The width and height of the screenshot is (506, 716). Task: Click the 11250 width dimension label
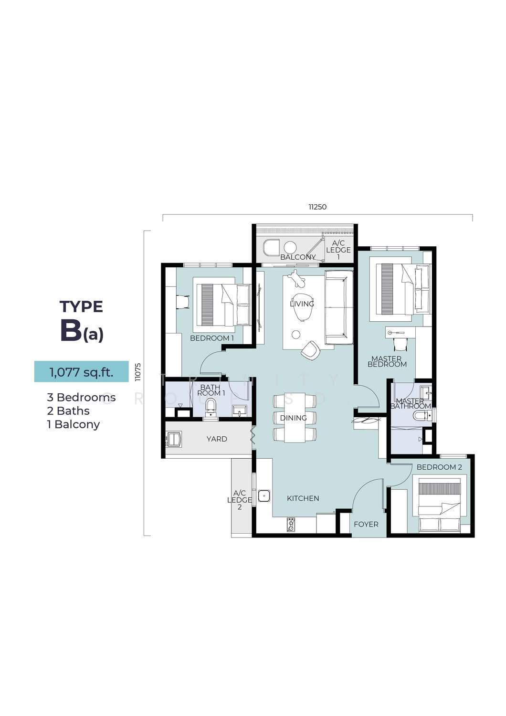pos(317,207)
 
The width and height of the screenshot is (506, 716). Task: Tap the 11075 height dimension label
pos(138,372)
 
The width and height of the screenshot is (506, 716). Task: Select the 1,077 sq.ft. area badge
pos(81,372)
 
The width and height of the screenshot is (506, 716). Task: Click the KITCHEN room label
pos(303,498)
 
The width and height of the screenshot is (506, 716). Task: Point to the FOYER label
pos(366,524)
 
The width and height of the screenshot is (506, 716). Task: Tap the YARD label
pos(217,439)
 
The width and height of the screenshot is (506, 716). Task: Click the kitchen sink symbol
pos(264,496)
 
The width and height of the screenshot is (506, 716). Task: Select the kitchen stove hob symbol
pos(291,525)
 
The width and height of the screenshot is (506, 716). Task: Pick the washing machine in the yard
pos(174,439)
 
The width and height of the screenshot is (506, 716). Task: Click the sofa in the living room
pos(339,307)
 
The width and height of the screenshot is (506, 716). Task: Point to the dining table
pos(295,418)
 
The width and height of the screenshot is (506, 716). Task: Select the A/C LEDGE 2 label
pos(240,500)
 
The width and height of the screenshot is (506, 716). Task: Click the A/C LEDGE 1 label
pos(338,250)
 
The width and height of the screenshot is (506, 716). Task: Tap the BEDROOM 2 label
pos(439,467)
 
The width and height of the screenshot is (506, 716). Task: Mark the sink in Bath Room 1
pos(240,411)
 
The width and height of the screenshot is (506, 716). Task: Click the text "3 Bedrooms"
pos(81,397)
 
